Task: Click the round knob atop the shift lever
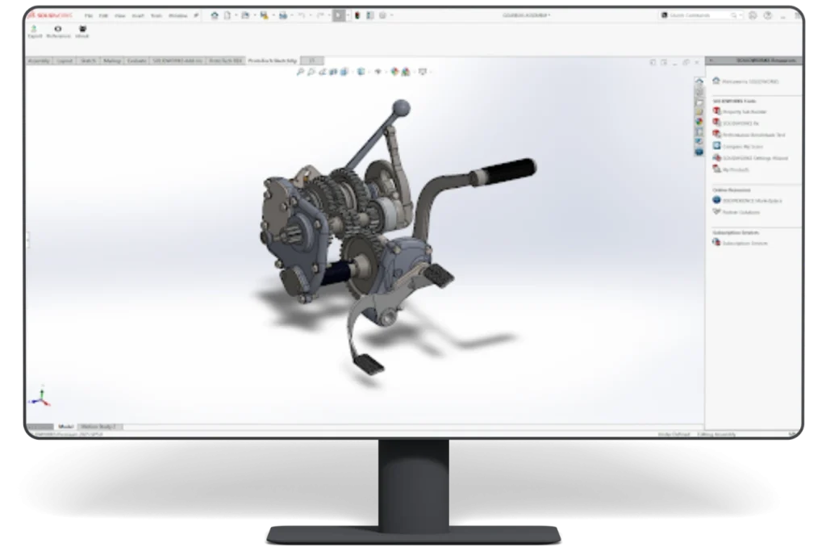[401, 107]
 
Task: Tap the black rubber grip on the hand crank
[508, 169]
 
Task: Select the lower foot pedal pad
[370, 364]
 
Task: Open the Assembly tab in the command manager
[39, 61]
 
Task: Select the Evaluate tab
[136, 61]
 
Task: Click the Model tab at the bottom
[65, 426]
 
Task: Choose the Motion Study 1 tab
[101, 426]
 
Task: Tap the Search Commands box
[699, 15]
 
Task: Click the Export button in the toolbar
[35, 31]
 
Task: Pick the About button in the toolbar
[82, 31]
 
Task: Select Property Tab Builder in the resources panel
[743, 112]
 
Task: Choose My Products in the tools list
[736, 169]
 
